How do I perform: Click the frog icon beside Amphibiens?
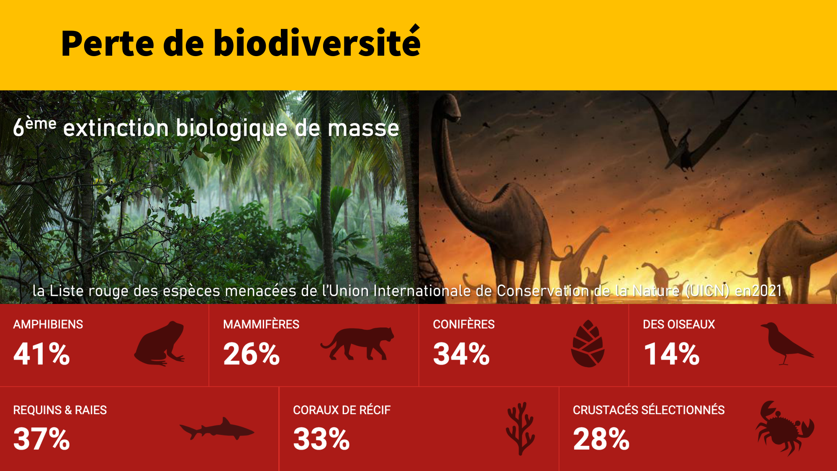coord(159,343)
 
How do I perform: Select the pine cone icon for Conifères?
coord(588,343)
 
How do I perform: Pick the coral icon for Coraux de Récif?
coord(520,428)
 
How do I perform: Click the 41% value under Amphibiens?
coord(41,354)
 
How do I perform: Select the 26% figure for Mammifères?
coord(252,354)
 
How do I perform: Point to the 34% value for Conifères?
coord(461,354)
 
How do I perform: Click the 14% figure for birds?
coord(672,354)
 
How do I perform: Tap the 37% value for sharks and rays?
coord(41,439)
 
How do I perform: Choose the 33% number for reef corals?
coord(321,439)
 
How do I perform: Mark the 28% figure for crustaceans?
coord(601,439)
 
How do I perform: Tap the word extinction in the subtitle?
coord(116,128)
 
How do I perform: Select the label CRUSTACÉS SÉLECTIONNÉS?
coord(649,410)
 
